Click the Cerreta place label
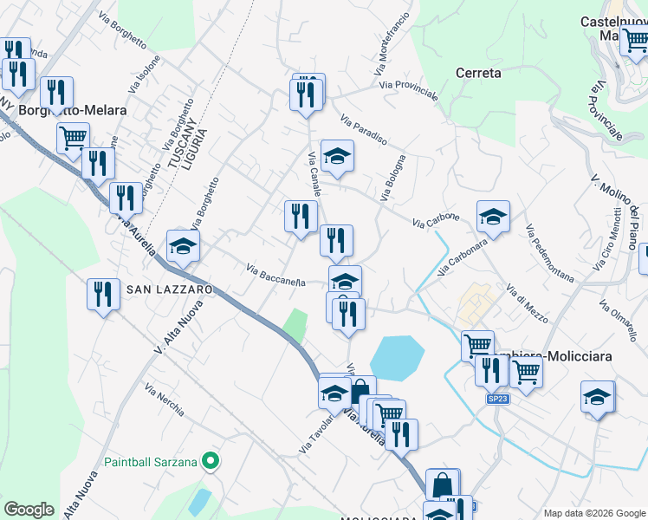tap(477, 74)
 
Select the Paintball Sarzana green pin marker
tap(210, 461)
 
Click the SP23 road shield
tap(496, 399)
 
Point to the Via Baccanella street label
tap(275, 274)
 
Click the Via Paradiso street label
tap(363, 130)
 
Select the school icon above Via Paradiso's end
tap(337, 156)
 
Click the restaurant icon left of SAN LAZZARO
tap(103, 294)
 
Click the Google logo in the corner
tap(29, 510)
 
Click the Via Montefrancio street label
tap(392, 42)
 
